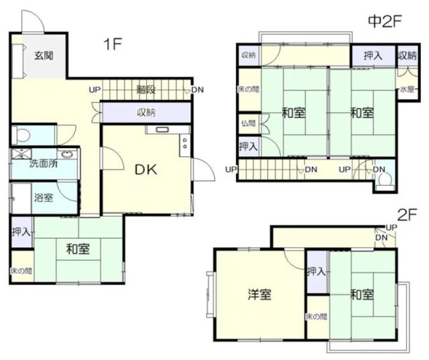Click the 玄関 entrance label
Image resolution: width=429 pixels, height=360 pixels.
tap(43, 56)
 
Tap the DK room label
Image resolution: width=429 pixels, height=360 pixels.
tap(146, 170)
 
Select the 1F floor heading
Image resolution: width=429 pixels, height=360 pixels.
tap(113, 44)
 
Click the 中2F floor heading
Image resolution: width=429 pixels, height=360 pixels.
tap(384, 21)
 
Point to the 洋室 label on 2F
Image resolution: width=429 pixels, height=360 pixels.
tap(260, 295)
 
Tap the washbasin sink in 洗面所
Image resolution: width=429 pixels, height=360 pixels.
tap(66, 155)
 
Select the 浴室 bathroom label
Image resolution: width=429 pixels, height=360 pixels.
tap(43, 197)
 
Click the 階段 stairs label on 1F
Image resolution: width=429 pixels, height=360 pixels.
tap(146, 90)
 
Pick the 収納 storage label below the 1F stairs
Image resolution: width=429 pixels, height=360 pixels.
tap(146, 112)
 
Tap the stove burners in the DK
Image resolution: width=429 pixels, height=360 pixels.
tap(185, 143)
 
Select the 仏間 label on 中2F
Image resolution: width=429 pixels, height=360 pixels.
tap(248, 123)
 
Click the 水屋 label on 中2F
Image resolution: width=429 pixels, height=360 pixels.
tap(407, 89)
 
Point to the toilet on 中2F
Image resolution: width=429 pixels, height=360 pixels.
tap(386, 181)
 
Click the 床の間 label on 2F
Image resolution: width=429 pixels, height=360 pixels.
tap(316, 317)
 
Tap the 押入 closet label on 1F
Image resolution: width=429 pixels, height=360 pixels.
tap(22, 232)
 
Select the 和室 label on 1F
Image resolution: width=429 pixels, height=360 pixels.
tap(78, 249)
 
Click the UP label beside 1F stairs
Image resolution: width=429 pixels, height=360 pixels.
tap(95, 90)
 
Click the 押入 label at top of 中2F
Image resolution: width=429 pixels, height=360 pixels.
tap(373, 56)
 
